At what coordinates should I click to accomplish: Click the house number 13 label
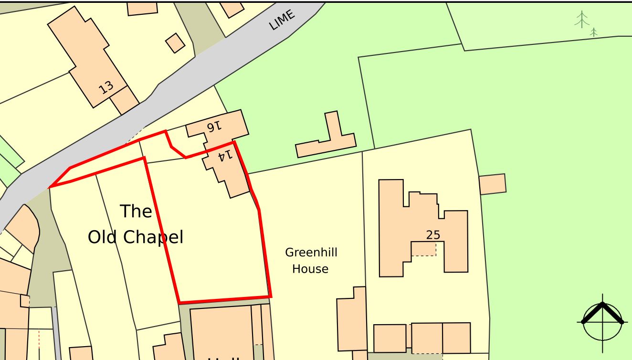106,87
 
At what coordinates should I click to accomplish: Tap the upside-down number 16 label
214,126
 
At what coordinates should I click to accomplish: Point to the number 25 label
433,235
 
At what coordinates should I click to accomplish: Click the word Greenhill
311,253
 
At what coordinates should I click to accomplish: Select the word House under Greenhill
310,269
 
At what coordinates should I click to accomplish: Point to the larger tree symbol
581,20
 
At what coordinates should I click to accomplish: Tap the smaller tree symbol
593,32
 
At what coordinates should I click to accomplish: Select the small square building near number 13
175,43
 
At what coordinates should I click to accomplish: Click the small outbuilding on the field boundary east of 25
492,184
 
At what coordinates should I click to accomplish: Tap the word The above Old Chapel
136,211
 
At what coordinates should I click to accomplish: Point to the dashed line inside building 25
423,255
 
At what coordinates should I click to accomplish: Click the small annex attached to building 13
124,100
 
